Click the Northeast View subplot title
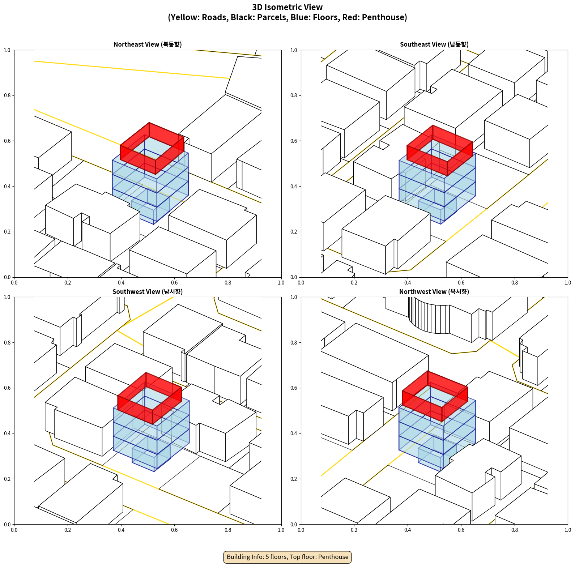pyautogui.click(x=148, y=44)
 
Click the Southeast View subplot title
pyautogui.click(x=434, y=44)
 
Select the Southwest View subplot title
pyautogui.click(x=148, y=292)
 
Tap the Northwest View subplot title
pyautogui.click(x=434, y=292)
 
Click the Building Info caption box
pyautogui.click(x=287, y=557)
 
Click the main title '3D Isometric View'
pyautogui.click(x=287, y=7)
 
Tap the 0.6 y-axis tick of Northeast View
pyautogui.click(x=7, y=141)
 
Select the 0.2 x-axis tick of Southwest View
pyautogui.click(x=68, y=530)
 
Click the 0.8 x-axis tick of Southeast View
pyautogui.click(x=515, y=283)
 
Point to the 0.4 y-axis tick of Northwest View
pyautogui.click(x=294, y=433)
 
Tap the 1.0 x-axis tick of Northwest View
pyautogui.click(x=568, y=530)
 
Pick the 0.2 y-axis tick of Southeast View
pyautogui.click(x=294, y=232)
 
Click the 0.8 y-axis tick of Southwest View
pyautogui.click(x=7, y=342)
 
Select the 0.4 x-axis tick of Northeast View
pyautogui.click(x=121, y=283)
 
